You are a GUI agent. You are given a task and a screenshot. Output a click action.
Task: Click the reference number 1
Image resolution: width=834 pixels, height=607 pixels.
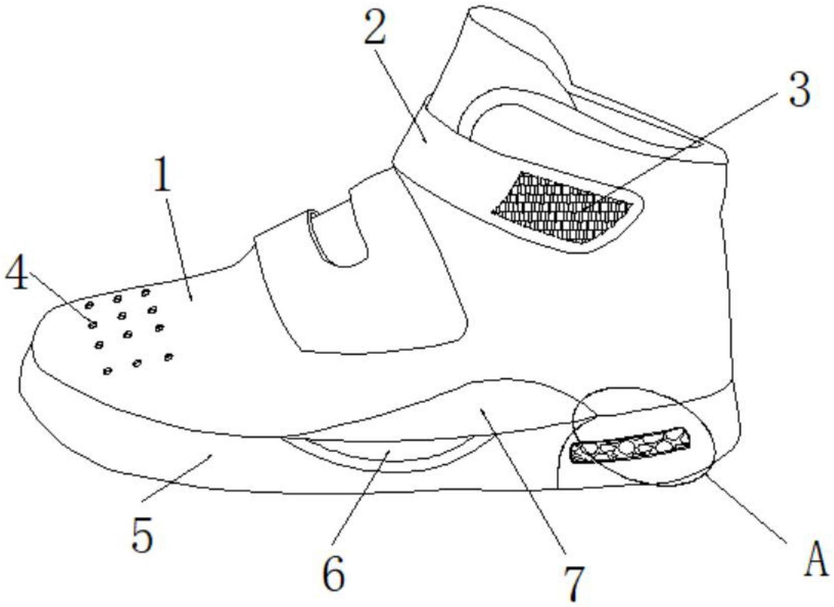tap(162, 175)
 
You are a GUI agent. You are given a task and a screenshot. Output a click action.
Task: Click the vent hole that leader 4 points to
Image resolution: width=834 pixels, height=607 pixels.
tap(92, 324)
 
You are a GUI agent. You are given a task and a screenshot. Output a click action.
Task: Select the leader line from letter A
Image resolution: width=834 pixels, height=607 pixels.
tap(745, 507)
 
